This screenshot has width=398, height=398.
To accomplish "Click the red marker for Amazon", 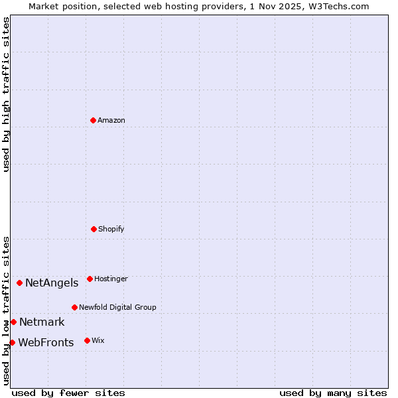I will [x=93, y=120].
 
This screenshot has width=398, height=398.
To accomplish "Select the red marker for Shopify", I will [x=94, y=229].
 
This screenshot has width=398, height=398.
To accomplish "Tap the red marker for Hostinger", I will [x=90, y=279].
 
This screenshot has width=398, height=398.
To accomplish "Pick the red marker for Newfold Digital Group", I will [x=74, y=307].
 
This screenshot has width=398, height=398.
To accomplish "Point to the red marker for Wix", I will [x=87, y=340].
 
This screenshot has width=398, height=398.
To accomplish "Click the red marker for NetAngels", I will [x=19, y=283].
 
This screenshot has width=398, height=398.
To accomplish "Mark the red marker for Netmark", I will [x=13, y=322].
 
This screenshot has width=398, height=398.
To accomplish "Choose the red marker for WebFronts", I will [x=12, y=342].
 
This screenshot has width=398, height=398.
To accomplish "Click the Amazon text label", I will [x=111, y=120].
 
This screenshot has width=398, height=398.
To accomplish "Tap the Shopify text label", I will [x=111, y=229].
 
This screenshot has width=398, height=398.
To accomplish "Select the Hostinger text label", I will [x=111, y=279].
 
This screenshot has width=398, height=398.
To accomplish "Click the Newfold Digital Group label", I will [x=117, y=307].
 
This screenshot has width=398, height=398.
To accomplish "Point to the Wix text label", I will [x=98, y=340].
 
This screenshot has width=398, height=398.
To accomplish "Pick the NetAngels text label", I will [x=52, y=283].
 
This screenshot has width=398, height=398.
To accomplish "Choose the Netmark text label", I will [x=42, y=322].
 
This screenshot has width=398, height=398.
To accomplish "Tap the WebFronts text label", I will [x=46, y=343].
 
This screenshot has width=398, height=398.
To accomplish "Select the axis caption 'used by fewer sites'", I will [x=68, y=393].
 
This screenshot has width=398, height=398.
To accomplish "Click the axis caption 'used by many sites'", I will [x=333, y=393].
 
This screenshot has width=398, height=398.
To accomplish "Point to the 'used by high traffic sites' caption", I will [x=6, y=94].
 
